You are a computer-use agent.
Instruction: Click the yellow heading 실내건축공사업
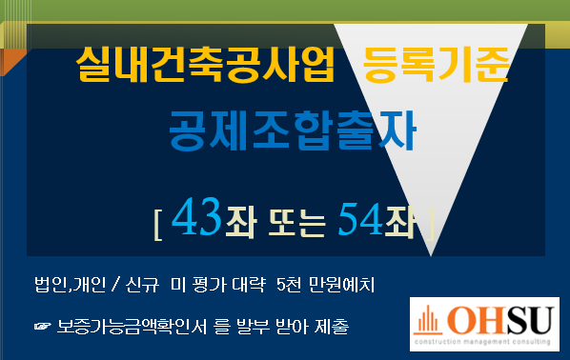(x=205, y=65)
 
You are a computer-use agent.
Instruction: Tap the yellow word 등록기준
(x=436, y=65)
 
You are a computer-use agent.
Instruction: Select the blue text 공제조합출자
(x=293, y=130)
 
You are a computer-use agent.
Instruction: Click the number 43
(x=196, y=217)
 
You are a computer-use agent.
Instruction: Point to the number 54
(x=360, y=219)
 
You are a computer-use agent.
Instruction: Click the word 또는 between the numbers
(x=296, y=223)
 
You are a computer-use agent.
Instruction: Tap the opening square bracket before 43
(x=158, y=225)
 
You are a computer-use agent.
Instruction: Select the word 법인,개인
(x=71, y=285)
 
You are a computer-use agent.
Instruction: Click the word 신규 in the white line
(x=142, y=285)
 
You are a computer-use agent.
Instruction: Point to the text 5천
(x=289, y=285)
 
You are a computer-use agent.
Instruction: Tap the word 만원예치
(x=341, y=285)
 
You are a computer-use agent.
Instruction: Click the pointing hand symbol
(x=43, y=327)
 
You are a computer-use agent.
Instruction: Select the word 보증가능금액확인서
(x=132, y=327)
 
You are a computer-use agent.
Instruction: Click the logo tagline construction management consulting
(x=482, y=342)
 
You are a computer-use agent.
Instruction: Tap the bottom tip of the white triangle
(x=431, y=256)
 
